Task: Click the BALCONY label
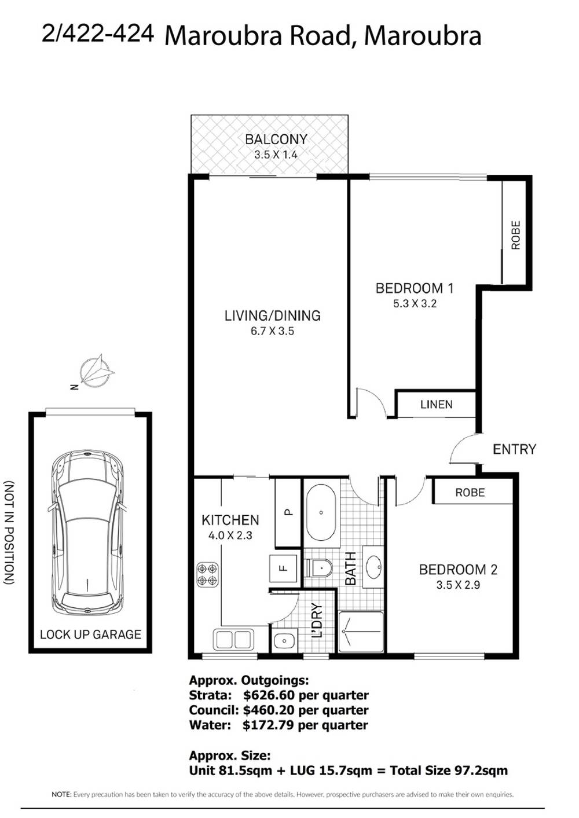276,140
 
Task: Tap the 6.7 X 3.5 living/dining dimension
272,331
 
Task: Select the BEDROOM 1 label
415,288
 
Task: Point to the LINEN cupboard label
436,405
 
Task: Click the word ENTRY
514,449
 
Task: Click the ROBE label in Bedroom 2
470,493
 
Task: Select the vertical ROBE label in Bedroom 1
516,235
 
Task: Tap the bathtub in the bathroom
320,512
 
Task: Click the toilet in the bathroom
319,568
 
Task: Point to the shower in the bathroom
361,632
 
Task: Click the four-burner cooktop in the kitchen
207,574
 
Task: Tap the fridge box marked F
283,568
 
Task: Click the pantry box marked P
288,512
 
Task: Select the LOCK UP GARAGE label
90,634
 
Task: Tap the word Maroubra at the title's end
423,36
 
